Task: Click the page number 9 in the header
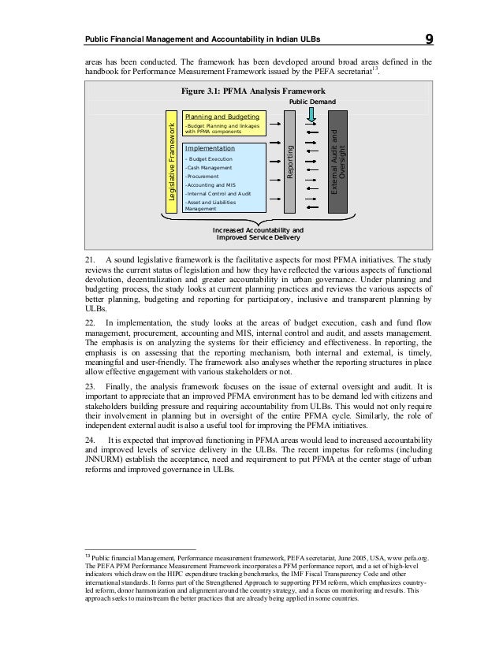pyautogui.click(x=429, y=39)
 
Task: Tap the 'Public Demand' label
pyautogui.click(x=313, y=103)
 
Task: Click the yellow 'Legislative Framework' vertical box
pyautogui.click(x=168, y=162)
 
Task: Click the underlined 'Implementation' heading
pyautogui.click(x=209, y=148)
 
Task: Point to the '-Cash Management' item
pyautogui.click(x=207, y=167)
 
